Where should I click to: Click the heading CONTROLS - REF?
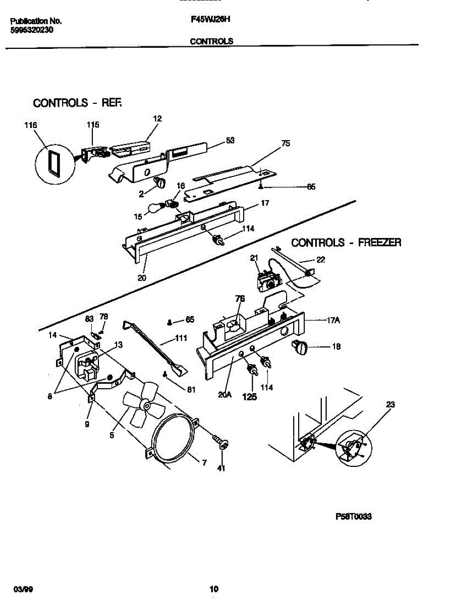point(78,103)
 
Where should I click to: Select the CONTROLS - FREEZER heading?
point(347,243)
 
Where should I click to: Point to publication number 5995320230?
point(32,30)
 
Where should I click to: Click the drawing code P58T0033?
point(354,517)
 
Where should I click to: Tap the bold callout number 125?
point(249,397)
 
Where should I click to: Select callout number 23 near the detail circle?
point(390,404)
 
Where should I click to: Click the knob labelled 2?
point(160,183)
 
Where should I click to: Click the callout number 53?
point(230,141)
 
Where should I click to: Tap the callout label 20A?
point(225,395)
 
